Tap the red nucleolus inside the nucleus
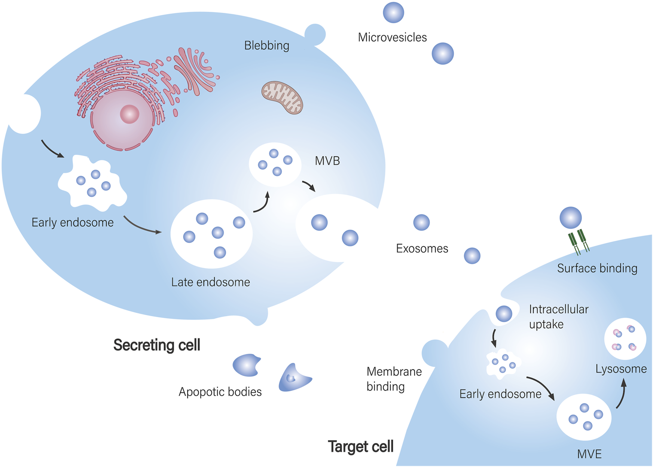coord(129,114)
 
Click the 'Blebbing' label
coord(266,46)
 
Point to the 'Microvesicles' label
coord(392,37)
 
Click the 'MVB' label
coord(327,161)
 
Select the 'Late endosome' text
coord(210,282)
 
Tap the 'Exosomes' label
coord(422,249)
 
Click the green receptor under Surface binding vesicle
coord(578,242)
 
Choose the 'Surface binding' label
coord(597,269)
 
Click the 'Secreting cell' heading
coord(156,345)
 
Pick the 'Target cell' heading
coord(360,446)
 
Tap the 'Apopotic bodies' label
coord(220,392)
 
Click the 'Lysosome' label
coord(621,369)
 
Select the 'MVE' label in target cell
coord(589,454)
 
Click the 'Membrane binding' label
coord(394,379)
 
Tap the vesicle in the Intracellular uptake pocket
coord(504,314)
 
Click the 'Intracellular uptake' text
coord(558,317)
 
